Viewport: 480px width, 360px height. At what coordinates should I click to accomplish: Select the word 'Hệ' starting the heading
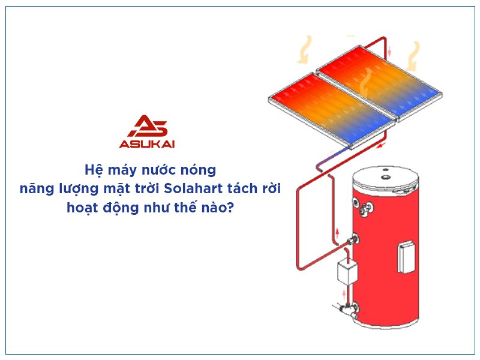(91, 170)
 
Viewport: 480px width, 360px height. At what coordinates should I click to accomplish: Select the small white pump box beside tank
(347, 273)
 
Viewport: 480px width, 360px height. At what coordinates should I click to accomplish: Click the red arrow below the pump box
(344, 295)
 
